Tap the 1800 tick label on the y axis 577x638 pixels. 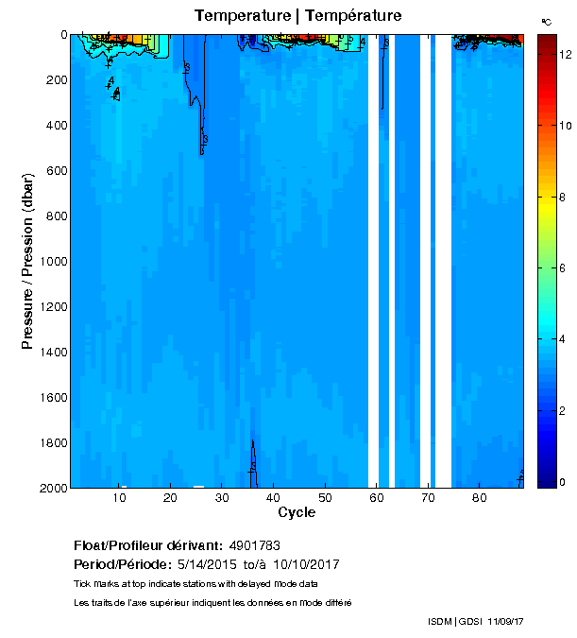(x=48, y=442)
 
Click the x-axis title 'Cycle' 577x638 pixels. (x=297, y=512)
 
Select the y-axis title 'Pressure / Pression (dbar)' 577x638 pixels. (x=28, y=262)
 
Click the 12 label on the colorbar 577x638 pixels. (x=567, y=56)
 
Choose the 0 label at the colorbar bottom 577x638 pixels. (x=564, y=482)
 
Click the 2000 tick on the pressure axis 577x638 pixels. (x=48, y=488)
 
